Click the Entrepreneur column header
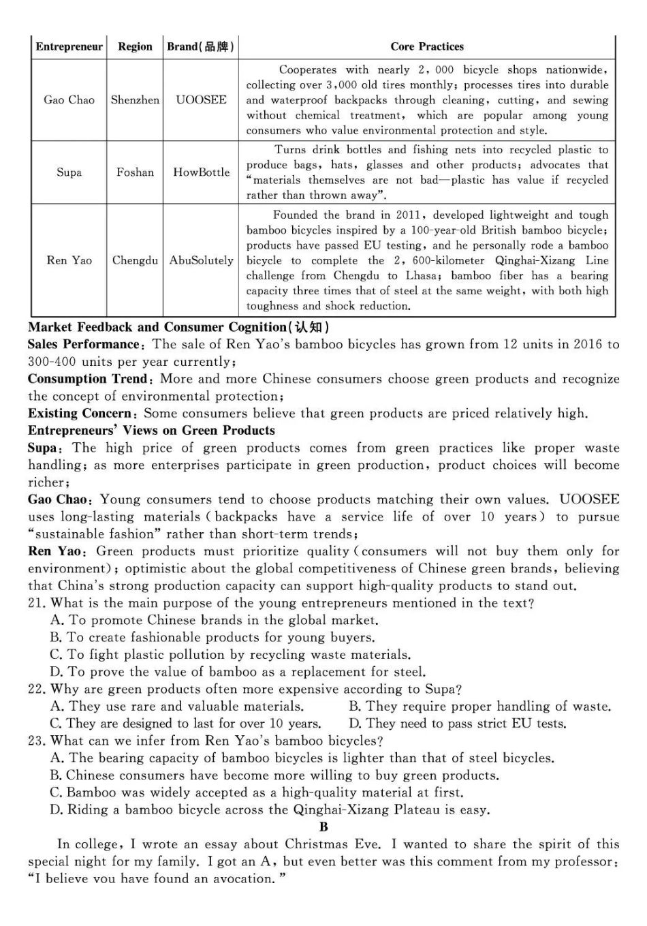(x=69, y=47)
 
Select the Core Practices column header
(x=426, y=47)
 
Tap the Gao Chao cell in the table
(x=69, y=100)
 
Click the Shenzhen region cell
(x=135, y=100)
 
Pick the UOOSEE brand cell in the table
(x=201, y=100)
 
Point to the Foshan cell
(x=135, y=172)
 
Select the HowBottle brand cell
(x=201, y=172)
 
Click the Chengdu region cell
(x=135, y=260)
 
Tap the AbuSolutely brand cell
(x=201, y=260)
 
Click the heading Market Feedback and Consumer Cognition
(x=178, y=327)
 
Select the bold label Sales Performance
(x=83, y=344)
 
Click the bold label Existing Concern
(x=80, y=414)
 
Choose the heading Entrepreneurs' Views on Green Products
(x=151, y=431)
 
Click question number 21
(x=37, y=603)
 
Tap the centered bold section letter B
(x=323, y=827)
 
